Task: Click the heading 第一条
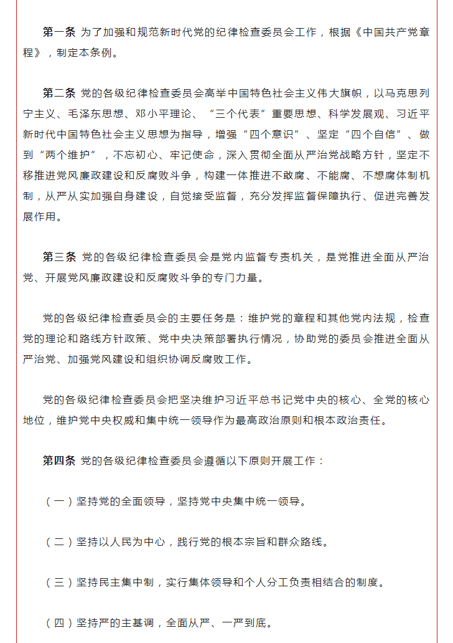coord(58,32)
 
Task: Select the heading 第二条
coord(58,93)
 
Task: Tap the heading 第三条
coord(58,257)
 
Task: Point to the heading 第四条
coord(58,461)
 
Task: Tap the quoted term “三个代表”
coord(241,114)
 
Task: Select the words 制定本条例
coord(85,53)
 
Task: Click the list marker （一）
coord(58,502)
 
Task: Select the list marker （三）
coord(58,583)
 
